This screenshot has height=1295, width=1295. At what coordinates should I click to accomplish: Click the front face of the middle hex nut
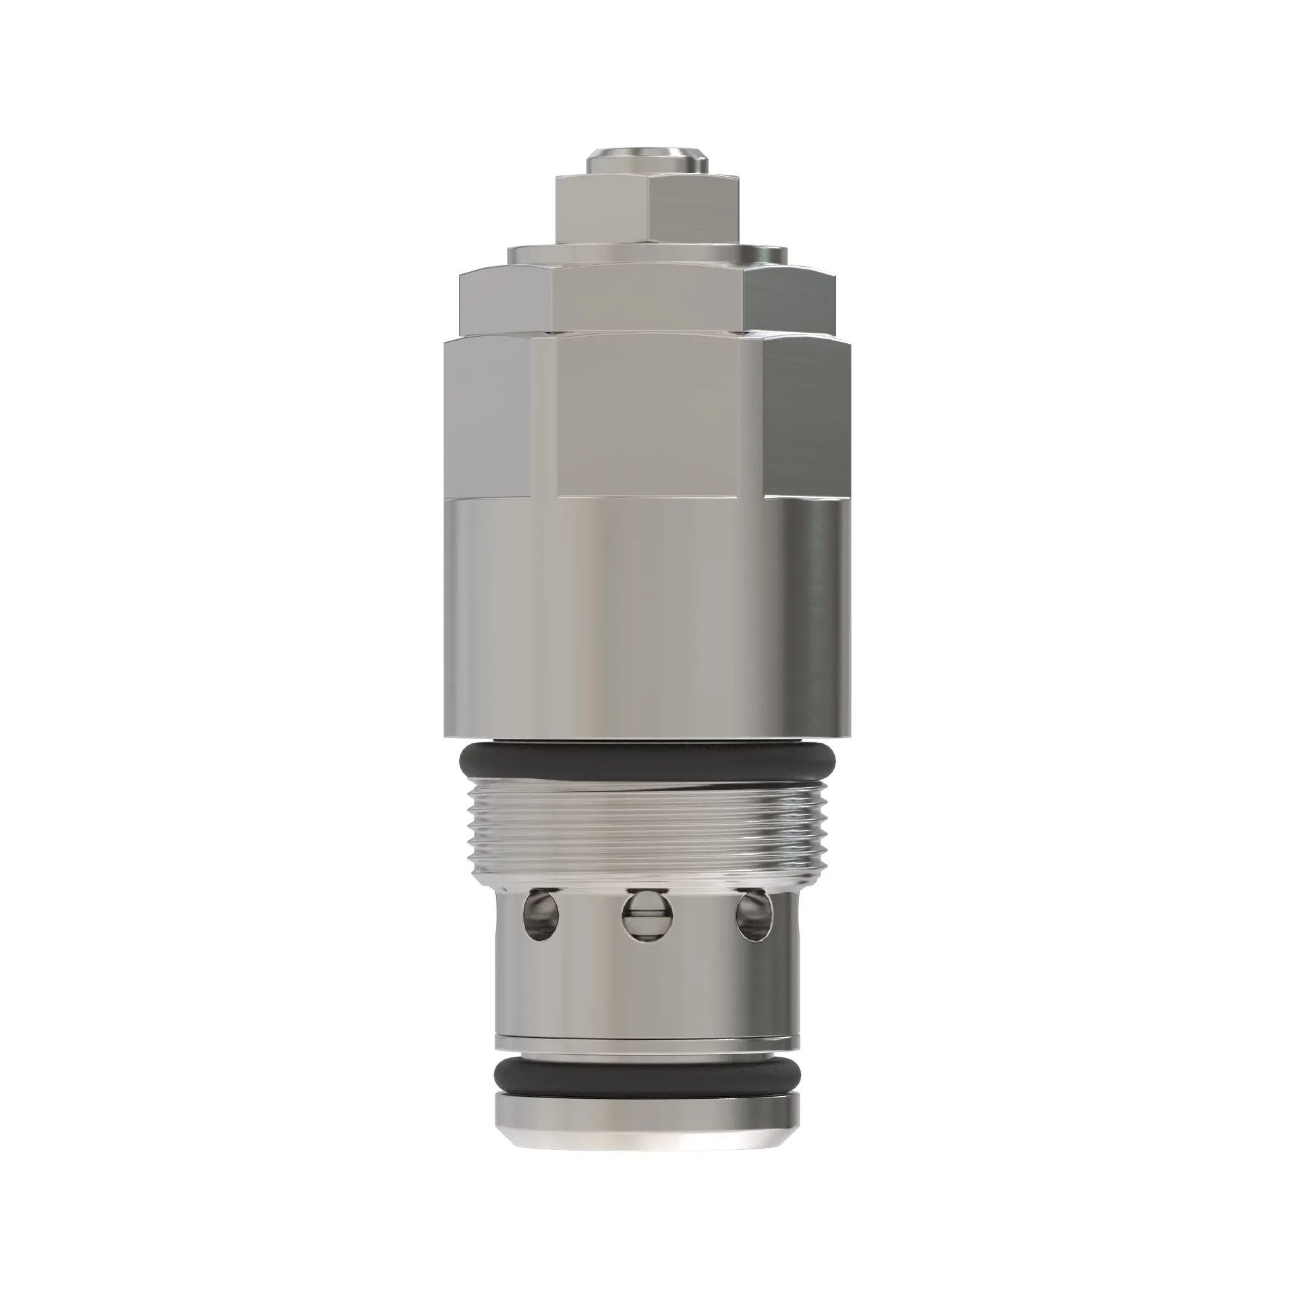click(647, 298)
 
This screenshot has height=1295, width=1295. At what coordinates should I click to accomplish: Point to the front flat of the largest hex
click(660, 416)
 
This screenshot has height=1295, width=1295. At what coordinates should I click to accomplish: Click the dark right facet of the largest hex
click(807, 416)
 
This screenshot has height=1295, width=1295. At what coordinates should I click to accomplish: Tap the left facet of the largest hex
click(488, 416)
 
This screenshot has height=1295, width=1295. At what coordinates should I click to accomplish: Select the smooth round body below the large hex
click(647, 616)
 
